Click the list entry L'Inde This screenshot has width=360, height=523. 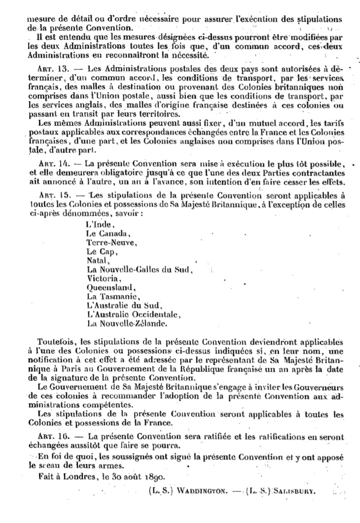(x=97, y=225)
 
